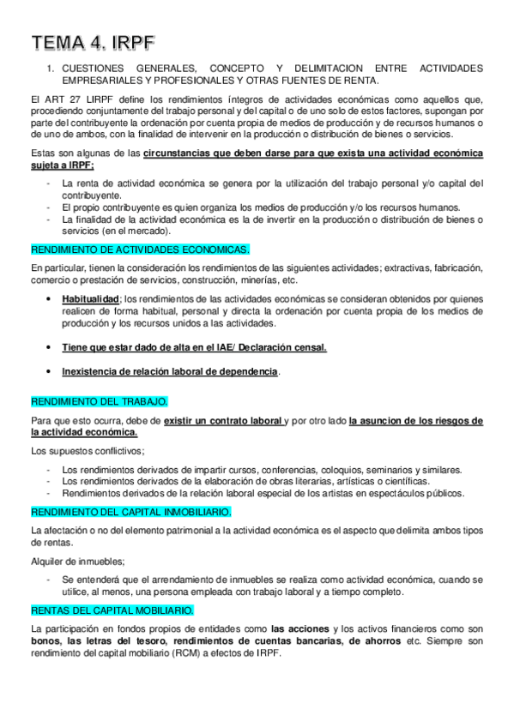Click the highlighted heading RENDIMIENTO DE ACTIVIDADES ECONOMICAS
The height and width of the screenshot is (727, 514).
coord(140,249)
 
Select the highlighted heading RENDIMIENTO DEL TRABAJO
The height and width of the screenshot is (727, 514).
coord(100,401)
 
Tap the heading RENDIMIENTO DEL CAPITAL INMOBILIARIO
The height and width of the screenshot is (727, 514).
coord(130,512)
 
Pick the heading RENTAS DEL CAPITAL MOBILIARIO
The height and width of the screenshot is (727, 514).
coord(112,610)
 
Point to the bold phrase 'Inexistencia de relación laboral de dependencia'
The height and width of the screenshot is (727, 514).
coord(170,372)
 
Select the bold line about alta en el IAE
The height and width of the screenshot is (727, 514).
coord(194,347)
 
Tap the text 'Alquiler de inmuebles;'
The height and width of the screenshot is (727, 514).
coord(77,562)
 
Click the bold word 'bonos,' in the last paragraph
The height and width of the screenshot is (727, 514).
coord(47,641)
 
